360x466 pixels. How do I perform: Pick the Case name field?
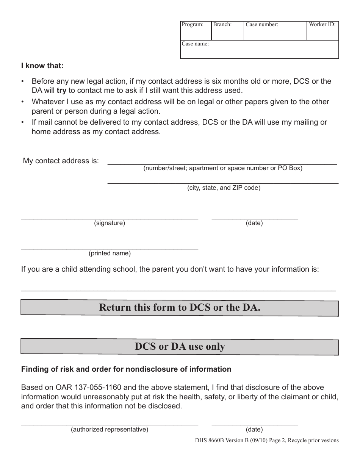coord(259,50)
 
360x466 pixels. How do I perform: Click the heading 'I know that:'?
coord(42,66)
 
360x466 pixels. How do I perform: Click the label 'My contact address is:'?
coord(61,161)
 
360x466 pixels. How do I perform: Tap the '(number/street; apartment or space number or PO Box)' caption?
coord(223,168)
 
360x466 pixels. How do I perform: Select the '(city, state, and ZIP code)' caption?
coord(224,188)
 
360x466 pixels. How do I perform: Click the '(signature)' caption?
coord(110,223)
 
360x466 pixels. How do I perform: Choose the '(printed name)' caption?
coord(110,253)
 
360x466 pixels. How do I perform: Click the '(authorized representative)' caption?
coord(110,429)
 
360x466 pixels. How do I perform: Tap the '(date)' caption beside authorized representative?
coord(254,429)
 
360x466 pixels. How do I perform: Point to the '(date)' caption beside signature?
coord(254,223)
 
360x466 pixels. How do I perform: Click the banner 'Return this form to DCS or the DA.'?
coord(180,308)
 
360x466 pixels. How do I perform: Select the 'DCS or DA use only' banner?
coord(180,346)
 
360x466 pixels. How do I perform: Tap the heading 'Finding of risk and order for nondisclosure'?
coord(126,369)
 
